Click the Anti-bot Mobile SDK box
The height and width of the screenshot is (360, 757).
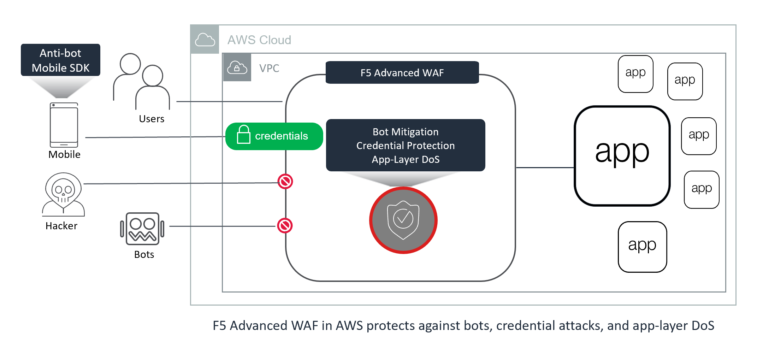click(60, 60)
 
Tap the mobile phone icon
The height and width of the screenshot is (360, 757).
click(64, 125)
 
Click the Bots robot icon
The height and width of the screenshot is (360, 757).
click(142, 229)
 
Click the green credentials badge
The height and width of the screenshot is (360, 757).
click(274, 136)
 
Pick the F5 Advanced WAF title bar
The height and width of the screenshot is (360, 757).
click(402, 73)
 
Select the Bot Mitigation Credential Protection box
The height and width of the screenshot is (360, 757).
click(406, 145)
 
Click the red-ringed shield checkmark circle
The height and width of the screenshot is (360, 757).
click(403, 220)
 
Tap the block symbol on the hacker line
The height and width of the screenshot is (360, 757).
click(285, 182)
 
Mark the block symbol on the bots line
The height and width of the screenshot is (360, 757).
click(285, 226)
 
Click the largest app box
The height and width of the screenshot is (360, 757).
click(622, 155)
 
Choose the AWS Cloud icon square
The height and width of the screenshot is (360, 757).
click(205, 40)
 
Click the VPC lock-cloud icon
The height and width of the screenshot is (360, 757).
click(237, 67)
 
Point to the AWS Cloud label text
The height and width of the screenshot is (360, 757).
click(259, 40)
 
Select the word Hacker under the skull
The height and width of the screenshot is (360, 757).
click(61, 226)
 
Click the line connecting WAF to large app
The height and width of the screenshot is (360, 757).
click(545, 167)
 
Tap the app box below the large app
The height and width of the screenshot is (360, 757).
click(642, 247)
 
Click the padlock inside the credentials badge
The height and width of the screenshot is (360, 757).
click(244, 135)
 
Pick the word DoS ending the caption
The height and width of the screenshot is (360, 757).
click(703, 326)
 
